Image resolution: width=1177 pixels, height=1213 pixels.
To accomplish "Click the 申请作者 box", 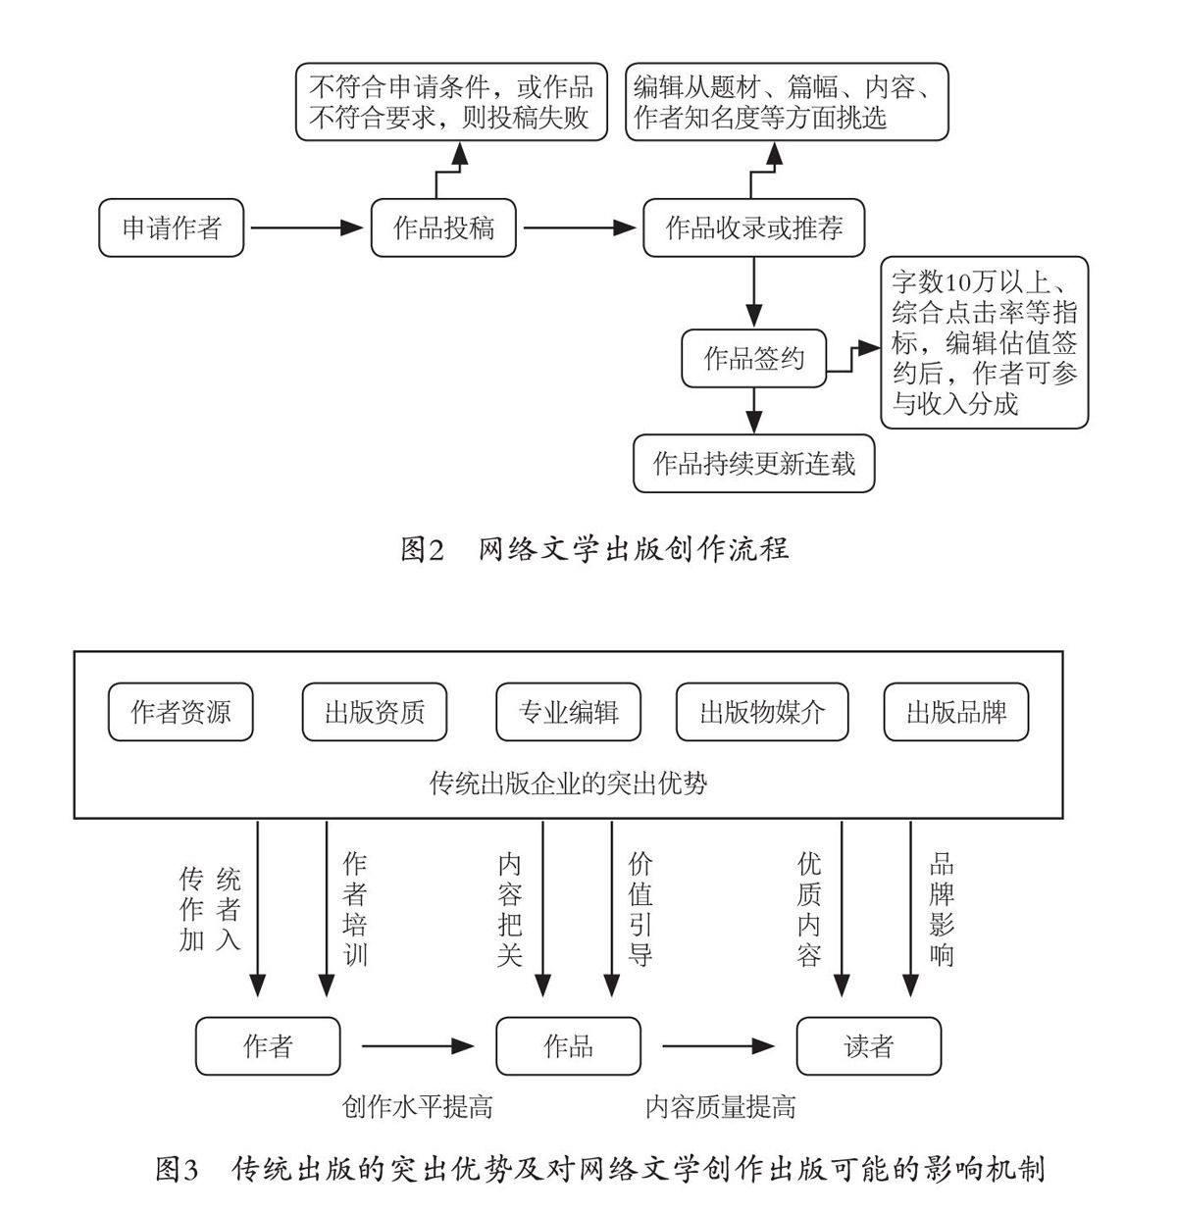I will tap(172, 228).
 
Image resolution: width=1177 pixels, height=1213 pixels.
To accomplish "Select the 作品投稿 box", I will tap(443, 228).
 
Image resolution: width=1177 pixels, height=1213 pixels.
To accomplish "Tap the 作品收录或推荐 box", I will tap(753, 228).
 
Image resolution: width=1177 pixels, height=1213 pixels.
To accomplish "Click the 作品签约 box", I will tap(753, 358).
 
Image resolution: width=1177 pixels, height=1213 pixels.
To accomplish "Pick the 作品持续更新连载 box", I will tap(753, 462).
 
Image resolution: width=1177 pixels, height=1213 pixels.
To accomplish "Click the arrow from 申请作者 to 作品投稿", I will tap(306, 228).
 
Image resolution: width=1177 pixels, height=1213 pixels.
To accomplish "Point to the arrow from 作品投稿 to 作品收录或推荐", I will tap(579, 228).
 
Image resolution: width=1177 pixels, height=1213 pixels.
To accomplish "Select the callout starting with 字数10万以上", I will tap(984, 343).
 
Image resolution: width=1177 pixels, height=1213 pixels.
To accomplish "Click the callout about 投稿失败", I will tap(451, 103).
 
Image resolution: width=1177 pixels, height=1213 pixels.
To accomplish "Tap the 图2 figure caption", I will tap(594, 549).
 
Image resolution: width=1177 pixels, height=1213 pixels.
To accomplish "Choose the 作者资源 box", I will tap(180, 712).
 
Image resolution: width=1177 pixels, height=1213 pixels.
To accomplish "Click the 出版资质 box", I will tap(375, 712).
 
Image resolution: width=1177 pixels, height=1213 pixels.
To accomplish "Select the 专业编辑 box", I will tap(569, 712).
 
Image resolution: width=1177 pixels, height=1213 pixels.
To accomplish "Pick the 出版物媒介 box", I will tap(762, 712).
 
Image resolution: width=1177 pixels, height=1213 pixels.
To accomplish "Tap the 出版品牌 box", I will tap(956, 712).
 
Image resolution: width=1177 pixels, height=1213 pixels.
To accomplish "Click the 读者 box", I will tap(868, 1046).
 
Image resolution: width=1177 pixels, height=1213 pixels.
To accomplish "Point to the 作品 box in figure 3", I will tap(569, 1046).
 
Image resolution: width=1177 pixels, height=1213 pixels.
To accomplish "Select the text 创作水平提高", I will tap(418, 1107).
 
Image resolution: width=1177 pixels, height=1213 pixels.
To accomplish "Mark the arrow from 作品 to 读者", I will tap(718, 1046).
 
